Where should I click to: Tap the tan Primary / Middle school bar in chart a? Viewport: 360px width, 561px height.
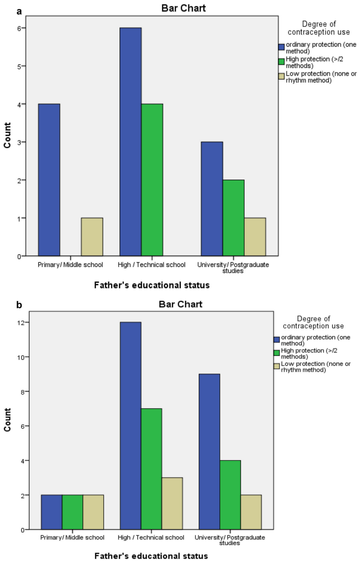click(x=92, y=237)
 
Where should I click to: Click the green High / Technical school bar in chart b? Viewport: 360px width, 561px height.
click(x=151, y=469)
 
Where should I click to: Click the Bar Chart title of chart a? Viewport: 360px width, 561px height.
click(x=180, y=8)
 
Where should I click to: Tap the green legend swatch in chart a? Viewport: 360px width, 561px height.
click(x=282, y=62)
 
